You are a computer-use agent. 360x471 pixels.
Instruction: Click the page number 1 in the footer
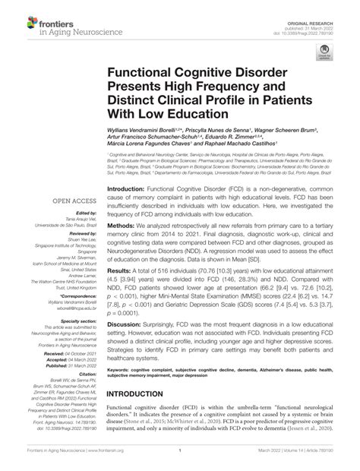180,459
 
